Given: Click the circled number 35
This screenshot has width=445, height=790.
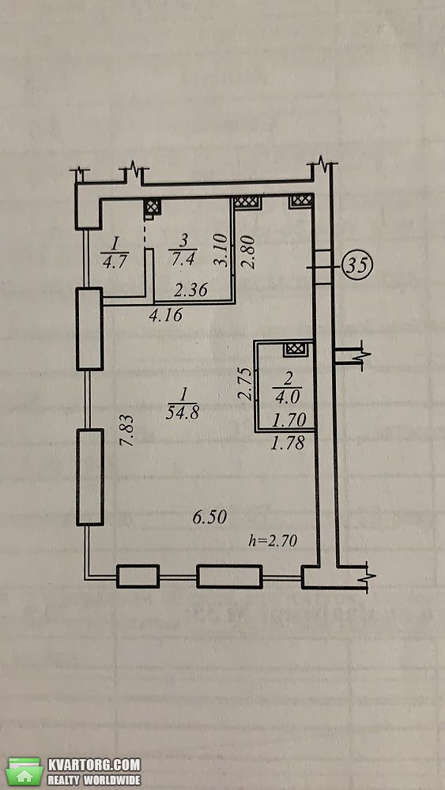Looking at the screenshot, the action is click(357, 265).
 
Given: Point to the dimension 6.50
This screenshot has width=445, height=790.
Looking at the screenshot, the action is click(210, 516).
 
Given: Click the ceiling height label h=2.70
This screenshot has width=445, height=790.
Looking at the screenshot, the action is click(273, 541).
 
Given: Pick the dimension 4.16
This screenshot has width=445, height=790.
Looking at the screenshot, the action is click(165, 315).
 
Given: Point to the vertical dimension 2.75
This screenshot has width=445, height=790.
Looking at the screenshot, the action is click(245, 384).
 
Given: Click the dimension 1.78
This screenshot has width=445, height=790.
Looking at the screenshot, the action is click(288, 443).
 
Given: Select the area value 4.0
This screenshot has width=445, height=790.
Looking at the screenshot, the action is click(287, 396).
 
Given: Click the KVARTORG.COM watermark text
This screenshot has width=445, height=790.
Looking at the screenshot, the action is click(94, 764).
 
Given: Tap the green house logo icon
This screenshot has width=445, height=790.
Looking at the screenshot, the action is click(24, 771).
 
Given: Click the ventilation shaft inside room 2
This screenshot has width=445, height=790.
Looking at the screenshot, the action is click(292, 348).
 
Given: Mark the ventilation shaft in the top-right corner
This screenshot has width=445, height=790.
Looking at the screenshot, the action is click(300, 200).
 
